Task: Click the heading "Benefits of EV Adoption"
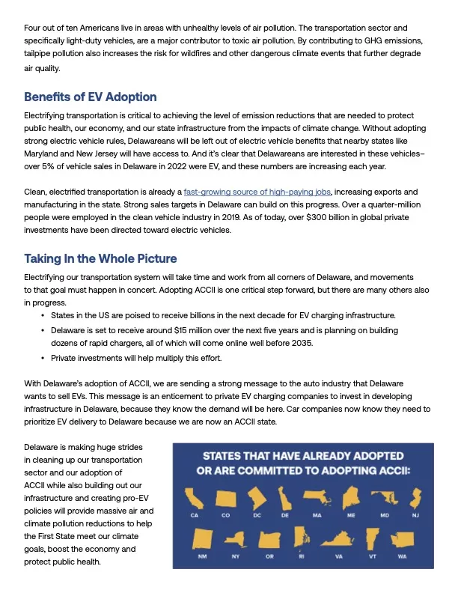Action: click(x=90, y=97)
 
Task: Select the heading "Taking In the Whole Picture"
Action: click(x=100, y=258)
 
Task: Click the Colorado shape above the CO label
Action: click(x=225, y=496)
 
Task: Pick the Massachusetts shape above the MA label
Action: click(x=317, y=496)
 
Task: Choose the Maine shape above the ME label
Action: click(x=351, y=496)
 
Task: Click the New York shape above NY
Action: click(x=235, y=537)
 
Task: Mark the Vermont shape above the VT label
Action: click(x=372, y=536)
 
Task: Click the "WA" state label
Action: click(x=402, y=556)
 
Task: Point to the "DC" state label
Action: click(x=257, y=516)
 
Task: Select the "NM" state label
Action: click(x=202, y=556)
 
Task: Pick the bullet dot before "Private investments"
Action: click(x=43, y=358)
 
